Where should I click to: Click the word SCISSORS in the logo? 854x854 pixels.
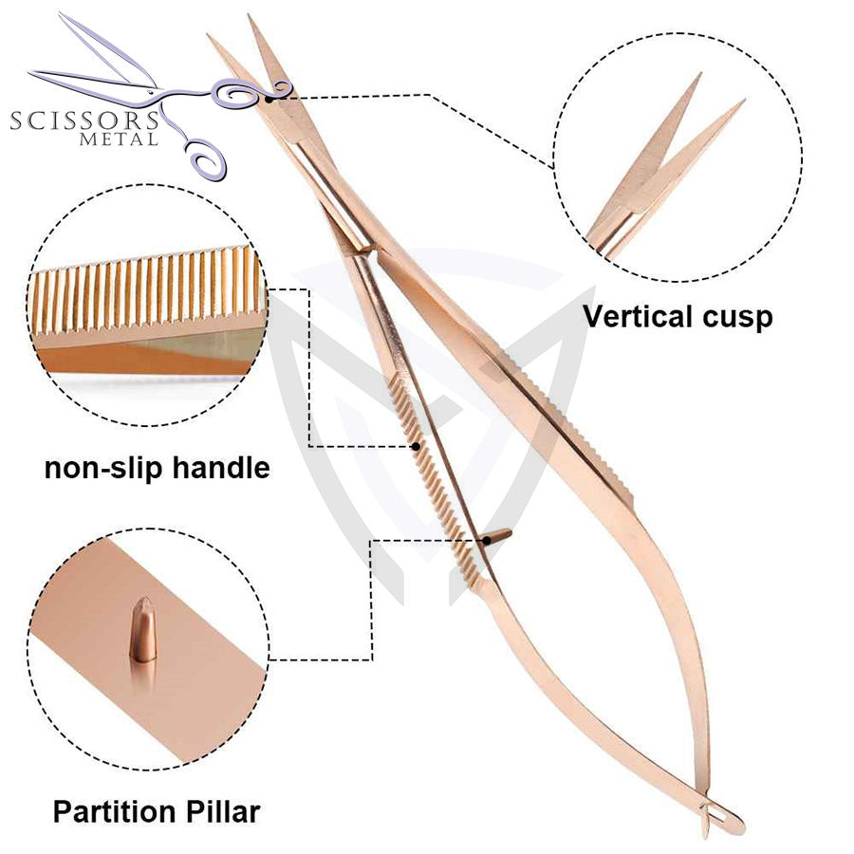tap(84, 121)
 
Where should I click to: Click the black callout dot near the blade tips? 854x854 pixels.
tap(269, 95)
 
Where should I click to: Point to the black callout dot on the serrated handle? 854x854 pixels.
tap(416, 445)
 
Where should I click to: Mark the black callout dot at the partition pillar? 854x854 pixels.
tap(486, 541)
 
